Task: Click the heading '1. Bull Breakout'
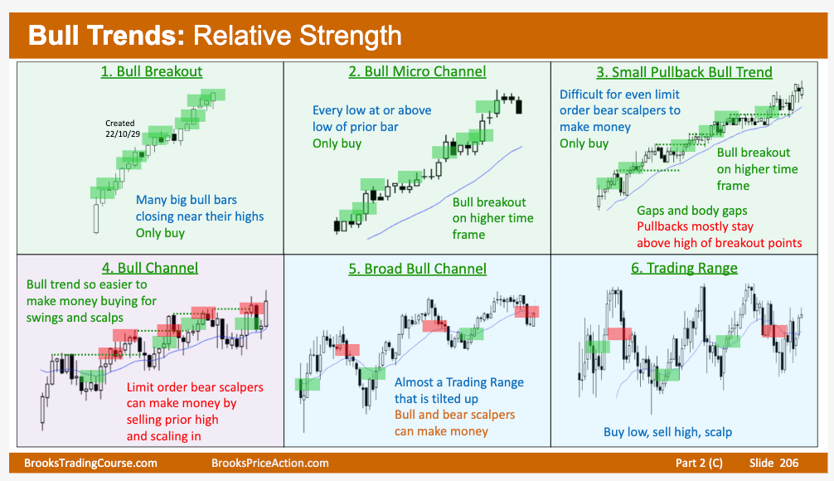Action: click(x=152, y=71)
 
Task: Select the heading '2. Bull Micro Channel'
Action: click(x=418, y=71)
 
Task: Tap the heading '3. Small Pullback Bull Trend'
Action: click(x=684, y=72)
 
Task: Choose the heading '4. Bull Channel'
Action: click(x=150, y=268)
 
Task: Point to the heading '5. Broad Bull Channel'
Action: click(x=418, y=269)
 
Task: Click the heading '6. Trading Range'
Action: click(x=684, y=268)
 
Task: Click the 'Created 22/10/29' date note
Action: click(x=122, y=129)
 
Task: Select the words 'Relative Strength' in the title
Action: click(x=298, y=36)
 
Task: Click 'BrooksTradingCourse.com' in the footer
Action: click(x=90, y=463)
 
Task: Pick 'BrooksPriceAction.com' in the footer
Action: click(x=269, y=463)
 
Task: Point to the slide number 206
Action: click(x=788, y=463)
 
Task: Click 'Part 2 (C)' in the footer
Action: click(x=699, y=463)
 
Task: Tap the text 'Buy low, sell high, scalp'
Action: click(x=667, y=431)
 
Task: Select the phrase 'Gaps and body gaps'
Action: click(x=692, y=211)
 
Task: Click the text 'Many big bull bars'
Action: click(x=187, y=200)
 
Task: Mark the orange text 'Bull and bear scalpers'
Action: click(x=455, y=415)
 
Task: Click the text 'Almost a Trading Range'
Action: click(x=459, y=382)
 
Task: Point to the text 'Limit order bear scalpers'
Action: click(x=195, y=386)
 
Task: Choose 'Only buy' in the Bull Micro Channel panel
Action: click(x=337, y=143)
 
